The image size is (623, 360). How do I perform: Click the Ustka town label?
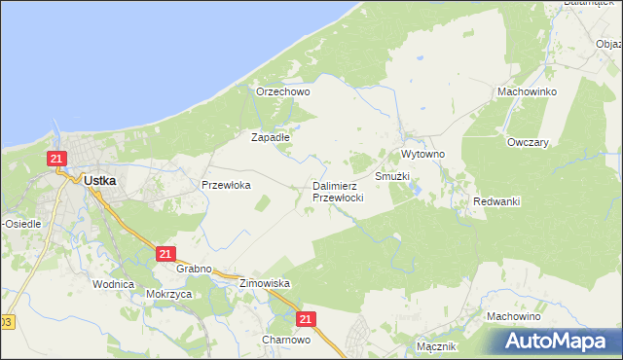[101, 180]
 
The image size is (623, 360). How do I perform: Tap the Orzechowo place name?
[282, 92]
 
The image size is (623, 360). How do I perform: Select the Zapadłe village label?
[271, 138]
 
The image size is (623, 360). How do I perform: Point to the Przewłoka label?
[226, 184]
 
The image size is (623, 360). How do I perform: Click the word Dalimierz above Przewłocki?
[338, 186]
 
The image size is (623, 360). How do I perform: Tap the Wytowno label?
[423, 155]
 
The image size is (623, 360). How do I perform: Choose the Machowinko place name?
[526, 91]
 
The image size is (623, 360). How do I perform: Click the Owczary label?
[529, 142]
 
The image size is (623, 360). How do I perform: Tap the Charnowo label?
[286, 341]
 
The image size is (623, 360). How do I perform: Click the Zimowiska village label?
[265, 283]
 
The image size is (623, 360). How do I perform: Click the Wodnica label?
[113, 284]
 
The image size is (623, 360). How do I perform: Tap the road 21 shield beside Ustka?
[57, 159]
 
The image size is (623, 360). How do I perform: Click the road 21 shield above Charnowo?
[308, 318]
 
